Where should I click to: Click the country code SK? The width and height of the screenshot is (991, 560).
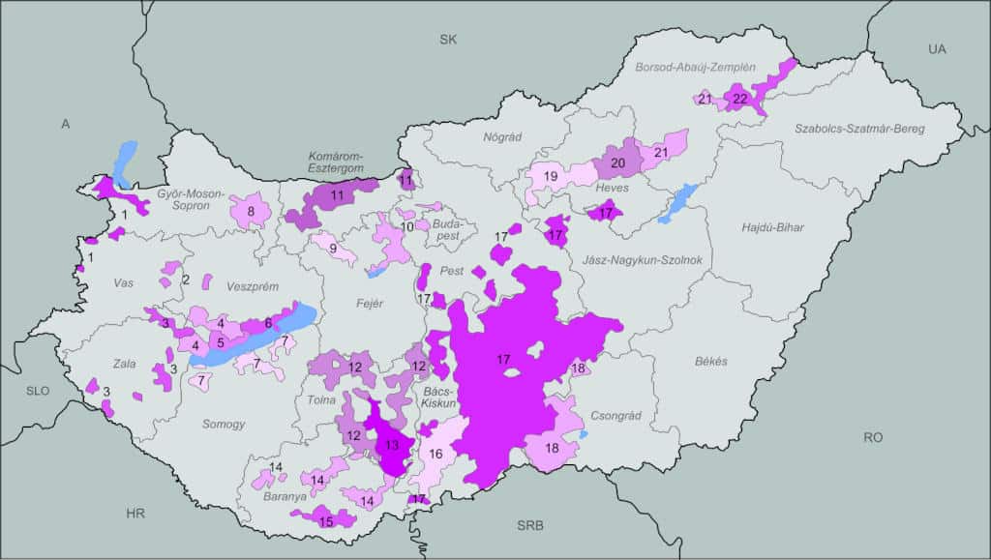point(447,40)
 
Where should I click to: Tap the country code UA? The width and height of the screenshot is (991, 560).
point(937,48)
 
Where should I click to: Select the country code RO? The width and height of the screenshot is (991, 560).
point(873,437)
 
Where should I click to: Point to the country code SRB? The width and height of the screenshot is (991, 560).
point(530,526)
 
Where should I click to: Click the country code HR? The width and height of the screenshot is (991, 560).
point(135,514)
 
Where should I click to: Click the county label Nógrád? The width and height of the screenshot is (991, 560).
point(502,136)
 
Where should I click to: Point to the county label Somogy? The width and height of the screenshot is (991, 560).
point(224,424)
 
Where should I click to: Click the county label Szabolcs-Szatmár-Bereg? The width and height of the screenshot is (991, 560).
point(859,128)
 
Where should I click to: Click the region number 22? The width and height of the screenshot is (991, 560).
point(740,99)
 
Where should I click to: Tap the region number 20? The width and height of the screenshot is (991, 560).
point(617,162)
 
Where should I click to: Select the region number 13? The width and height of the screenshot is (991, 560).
point(391,446)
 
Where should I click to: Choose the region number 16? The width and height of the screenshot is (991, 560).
point(436,454)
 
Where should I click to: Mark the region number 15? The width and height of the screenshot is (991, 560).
point(326,521)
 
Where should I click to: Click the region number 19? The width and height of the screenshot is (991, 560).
point(550,176)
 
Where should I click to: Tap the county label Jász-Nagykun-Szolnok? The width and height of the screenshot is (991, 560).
point(634,259)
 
